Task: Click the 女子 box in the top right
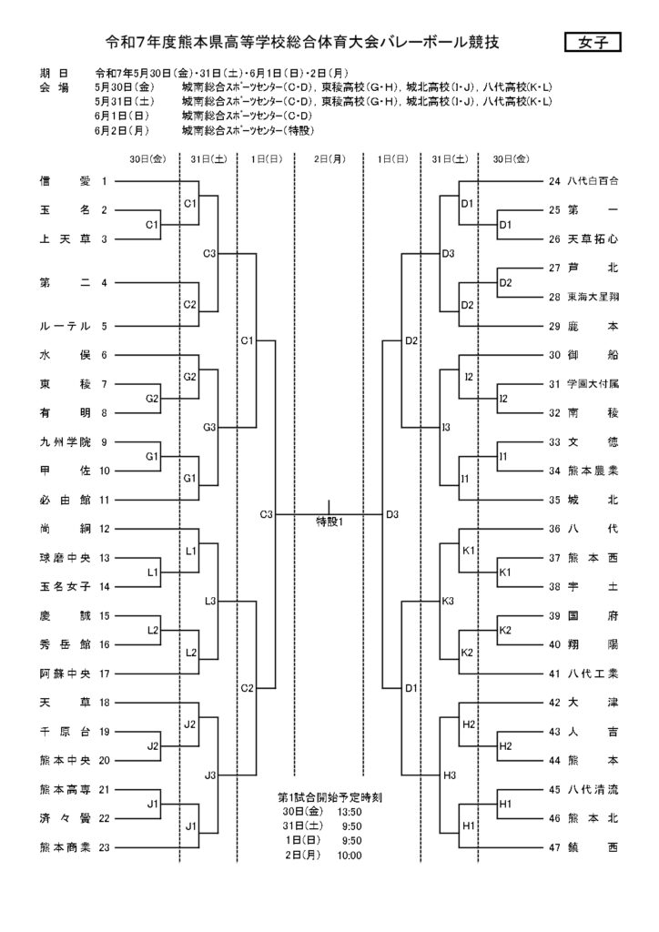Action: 593,43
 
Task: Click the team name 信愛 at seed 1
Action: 66,181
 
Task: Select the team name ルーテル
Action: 66,327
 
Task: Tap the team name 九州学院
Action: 66,442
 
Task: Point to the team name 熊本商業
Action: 66,847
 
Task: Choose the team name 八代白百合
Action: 593,181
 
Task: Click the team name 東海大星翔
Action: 593,298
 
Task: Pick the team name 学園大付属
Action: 593,384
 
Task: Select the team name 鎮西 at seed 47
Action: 593,847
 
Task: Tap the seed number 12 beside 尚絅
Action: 105,529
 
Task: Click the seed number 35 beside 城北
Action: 554,500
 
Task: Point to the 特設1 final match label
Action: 329,522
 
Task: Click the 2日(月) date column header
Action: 329,159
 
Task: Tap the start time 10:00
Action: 349,856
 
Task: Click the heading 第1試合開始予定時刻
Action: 329,797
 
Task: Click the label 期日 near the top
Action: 54,74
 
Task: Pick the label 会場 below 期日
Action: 54,88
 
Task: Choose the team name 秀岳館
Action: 66,645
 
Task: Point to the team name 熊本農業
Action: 593,471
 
